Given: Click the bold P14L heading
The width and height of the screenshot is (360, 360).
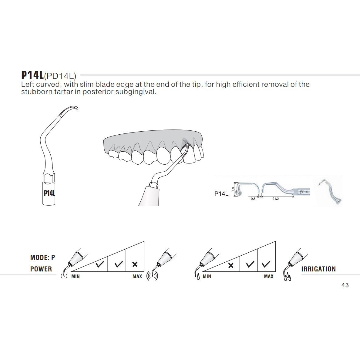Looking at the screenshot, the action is pyautogui.click(x=32, y=75).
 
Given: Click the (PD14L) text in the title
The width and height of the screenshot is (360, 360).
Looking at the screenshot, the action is pyautogui.click(x=60, y=76).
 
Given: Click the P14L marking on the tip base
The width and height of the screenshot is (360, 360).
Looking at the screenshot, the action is pyautogui.click(x=49, y=193).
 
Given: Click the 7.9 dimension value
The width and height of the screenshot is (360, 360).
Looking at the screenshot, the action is pyautogui.click(x=233, y=190).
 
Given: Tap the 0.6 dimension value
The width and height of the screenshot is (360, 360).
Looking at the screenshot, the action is pyautogui.click(x=253, y=199).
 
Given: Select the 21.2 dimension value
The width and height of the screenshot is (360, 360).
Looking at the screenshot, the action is pyautogui.click(x=275, y=199).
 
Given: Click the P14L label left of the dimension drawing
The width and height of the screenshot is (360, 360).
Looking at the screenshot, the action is pyautogui.click(x=221, y=194).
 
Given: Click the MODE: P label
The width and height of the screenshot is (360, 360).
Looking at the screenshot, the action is pyautogui.click(x=43, y=257).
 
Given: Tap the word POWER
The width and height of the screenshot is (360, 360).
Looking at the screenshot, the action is pyautogui.click(x=41, y=269).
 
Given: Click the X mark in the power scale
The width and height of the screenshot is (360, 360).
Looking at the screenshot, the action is pyautogui.click(x=135, y=264).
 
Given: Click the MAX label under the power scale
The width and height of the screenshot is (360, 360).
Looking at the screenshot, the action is pyautogui.click(x=137, y=276).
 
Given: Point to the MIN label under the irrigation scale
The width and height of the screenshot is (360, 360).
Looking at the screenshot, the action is pyautogui.click(x=207, y=276).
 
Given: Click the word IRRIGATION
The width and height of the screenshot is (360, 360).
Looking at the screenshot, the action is pyautogui.click(x=318, y=269).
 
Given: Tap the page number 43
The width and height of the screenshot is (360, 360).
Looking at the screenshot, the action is pyautogui.click(x=345, y=285).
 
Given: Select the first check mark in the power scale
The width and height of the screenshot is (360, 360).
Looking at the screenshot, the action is pyautogui.click(x=100, y=264).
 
